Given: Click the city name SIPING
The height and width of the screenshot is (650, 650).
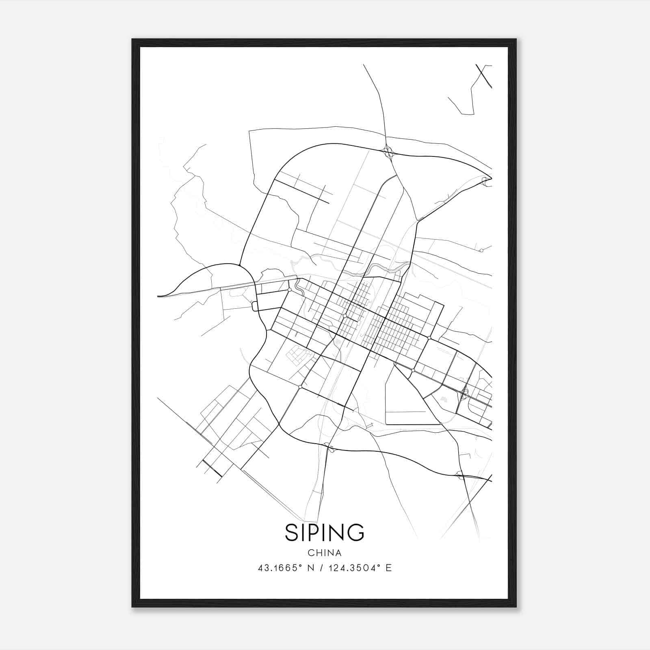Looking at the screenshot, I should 325,532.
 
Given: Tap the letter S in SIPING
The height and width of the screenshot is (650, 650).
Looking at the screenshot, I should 292,532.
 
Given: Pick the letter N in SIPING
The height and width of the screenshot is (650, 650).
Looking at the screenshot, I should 336,532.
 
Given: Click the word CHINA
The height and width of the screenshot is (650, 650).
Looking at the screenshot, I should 325,553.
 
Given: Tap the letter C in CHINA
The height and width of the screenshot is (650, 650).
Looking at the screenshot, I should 311,553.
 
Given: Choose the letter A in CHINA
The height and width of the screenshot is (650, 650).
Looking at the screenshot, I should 338,553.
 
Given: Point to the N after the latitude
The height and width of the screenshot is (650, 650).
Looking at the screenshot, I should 311,568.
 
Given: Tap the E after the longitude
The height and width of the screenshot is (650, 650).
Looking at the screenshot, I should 389,568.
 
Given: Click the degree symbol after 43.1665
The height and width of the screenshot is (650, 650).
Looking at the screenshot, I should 300,566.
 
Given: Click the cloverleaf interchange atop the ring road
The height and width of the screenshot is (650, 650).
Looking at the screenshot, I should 388,153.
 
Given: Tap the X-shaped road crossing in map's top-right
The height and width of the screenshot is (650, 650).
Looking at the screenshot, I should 483,75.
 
